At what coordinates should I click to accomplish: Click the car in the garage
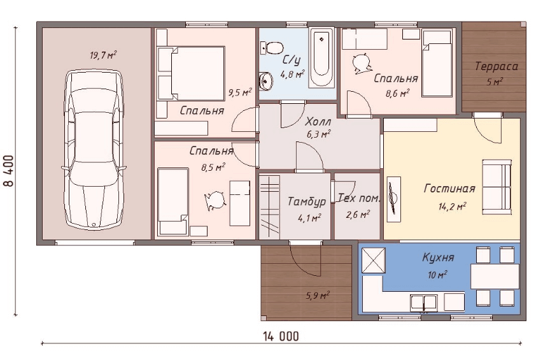pyautogui.click(x=94, y=150)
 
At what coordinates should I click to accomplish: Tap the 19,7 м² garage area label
pyautogui.click(x=103, y=55)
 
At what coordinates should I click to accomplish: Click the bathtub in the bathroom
pyautogui.click(x=321, y=57)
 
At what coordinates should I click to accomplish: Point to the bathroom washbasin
pyautogui.click(x=266, y=82)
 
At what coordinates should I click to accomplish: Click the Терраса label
pyautogui.click(x=497, y=66)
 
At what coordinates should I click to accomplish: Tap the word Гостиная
pyautogui.click(x=449, y=189)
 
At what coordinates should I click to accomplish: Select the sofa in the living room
pyautogui.click(x=497, y=187)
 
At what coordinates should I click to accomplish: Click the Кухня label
pyautogui.click(x=438, y=257)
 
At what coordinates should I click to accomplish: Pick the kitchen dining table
pyautogui.click(x=495, y=276)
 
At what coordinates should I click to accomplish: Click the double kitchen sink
pyautogui.click(x=424, y=303)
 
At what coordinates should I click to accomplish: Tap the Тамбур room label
pyautogui.click(x=306, y=201)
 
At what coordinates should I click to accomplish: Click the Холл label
pyautogui.click(x=318, y=122)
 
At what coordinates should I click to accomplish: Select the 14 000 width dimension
pyautogui.click(x=281, y=336)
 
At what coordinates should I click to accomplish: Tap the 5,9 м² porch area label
pyautogui.click(x=318, y=294)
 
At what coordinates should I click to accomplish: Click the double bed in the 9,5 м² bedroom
pyautogui.click(x=191, y=73)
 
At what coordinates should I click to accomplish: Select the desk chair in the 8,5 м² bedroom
pyautogui.click(x=215, y=200)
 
